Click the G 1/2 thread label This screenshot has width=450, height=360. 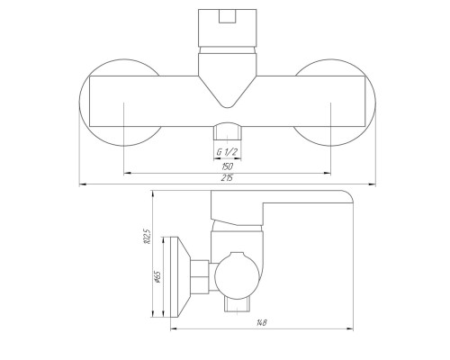pos(227,152)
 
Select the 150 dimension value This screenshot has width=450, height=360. pos(227,166)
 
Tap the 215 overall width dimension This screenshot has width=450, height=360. pos(227,178)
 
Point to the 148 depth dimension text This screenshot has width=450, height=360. pos(262,323)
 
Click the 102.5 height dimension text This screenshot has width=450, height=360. pos(147,237)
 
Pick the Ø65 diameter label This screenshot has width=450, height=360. pos(157,276)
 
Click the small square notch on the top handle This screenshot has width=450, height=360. pos(227,16)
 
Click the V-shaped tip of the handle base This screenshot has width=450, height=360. pos(227,107)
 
